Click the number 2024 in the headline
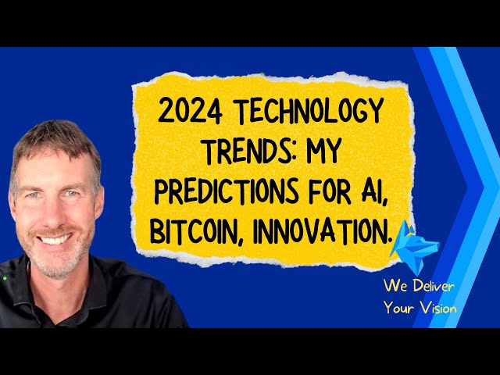(x=190, y=110)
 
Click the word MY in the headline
(x=323, y=151)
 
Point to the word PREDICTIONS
(x=227, y=191)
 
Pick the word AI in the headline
(x=373, y=192)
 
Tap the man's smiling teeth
(x=54, y=239)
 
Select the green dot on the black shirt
(x=5, y=278)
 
